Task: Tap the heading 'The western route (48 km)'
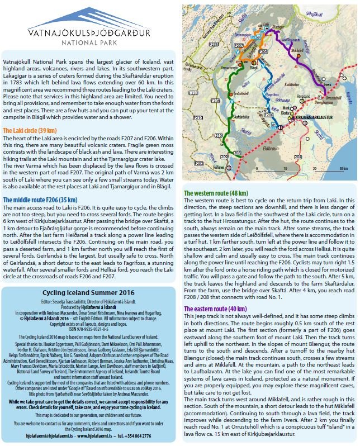(x=220, y=193)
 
